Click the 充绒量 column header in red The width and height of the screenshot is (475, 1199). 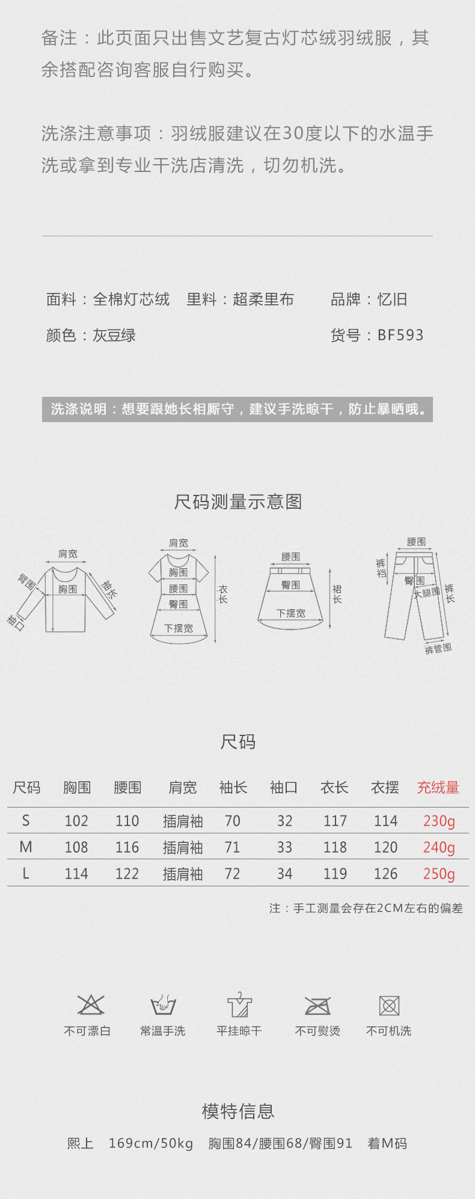(x=438, y=788)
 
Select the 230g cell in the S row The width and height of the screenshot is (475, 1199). (x=439, y=821)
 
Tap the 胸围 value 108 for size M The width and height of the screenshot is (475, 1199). (x=76, y=847)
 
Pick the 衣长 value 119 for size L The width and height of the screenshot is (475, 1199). (x=335, y=874)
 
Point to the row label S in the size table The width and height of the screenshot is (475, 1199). (x=26, y=821)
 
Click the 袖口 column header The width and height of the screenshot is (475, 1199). (x=284, y=788)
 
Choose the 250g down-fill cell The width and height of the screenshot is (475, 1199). (x=439, y=874)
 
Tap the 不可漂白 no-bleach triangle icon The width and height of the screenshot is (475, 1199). (x=90, y=1005)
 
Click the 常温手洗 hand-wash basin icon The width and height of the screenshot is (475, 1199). (x=163, y=1005)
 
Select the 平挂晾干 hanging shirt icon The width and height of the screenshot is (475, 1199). (x=239, y=1005)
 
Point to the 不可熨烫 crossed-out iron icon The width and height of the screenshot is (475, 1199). (x=317, y=1005)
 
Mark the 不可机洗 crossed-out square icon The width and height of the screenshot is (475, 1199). (x=389, y=1005)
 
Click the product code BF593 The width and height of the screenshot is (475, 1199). (x=400, y=335)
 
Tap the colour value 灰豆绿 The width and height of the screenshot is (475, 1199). (x=114, y=335)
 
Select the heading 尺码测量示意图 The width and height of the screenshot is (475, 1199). (x=238, y=501)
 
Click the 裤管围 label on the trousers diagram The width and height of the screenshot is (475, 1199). (x=438, y=649)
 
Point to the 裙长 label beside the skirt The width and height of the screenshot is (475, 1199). (x=337, y=594)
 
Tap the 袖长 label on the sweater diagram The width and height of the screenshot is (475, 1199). (x=109, y=589)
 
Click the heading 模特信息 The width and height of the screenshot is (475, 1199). (x=238, y=1111)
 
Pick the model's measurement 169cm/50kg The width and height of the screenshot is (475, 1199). (x=151, y=1143)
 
